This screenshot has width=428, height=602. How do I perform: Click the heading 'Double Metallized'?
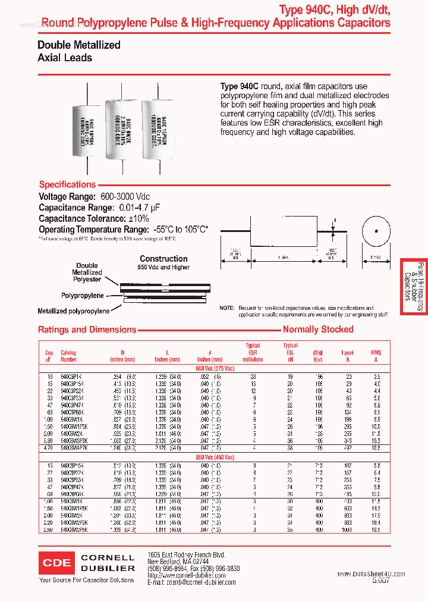pos(79,45)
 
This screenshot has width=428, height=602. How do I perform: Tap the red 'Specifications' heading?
pos(67,184)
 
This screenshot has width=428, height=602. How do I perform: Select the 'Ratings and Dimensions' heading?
pos(87,330)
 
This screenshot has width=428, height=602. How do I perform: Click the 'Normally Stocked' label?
pos(318,330)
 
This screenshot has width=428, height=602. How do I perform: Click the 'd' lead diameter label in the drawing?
pos(335,220)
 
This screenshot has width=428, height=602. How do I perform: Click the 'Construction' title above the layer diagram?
pos(163,259)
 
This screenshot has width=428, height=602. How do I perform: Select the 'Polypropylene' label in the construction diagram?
pos(83,296)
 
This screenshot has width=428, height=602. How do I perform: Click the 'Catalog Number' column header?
pos(69,356)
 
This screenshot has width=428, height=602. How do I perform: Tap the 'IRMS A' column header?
pos(376,356)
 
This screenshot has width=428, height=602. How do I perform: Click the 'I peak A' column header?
pos(348,356)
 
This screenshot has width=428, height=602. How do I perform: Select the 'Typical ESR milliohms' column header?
pos(253,353)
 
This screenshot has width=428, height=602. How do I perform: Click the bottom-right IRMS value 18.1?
pos(376,529)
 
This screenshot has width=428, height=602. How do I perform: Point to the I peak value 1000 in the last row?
pos(347,529)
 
